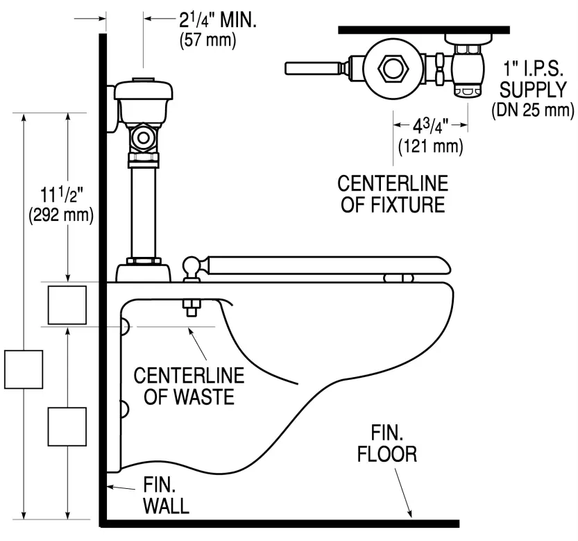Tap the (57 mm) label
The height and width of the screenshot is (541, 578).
tap(208, 41)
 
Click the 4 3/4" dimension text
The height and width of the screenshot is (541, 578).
tap(431, 128)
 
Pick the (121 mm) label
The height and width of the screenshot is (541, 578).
tap(431, 147)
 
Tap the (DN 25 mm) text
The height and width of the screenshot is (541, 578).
tap(532, 110)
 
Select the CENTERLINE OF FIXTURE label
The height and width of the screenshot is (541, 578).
tap(393, 195)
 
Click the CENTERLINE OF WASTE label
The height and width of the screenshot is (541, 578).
tap(189, 385)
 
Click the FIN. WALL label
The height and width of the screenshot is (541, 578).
tap(166, 494)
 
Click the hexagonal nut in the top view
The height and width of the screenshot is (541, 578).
tap(393, 69)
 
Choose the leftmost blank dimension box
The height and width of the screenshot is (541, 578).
tap(24, 369)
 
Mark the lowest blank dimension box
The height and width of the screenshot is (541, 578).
tap(67, 426)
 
